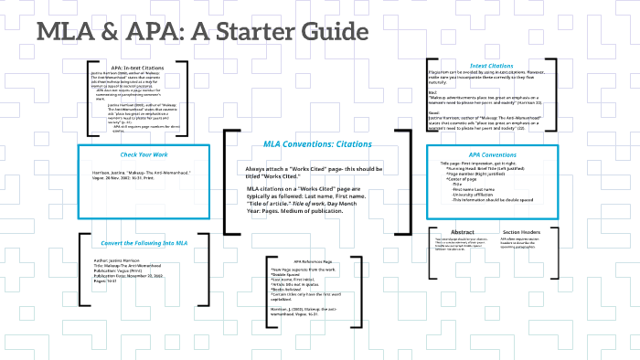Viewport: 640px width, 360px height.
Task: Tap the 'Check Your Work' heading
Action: tap(138, 154)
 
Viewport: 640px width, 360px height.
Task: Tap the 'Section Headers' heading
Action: tap(523, 233)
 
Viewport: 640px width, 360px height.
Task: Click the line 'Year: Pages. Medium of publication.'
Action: tap(294, 210)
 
